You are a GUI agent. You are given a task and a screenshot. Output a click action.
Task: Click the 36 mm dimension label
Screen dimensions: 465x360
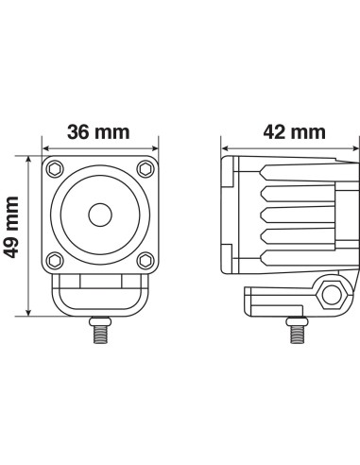pos(99,134)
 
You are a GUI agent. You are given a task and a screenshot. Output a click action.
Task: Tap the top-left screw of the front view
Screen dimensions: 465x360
pos(53,170)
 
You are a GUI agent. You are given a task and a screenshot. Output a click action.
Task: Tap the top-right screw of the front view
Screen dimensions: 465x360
pos(145,170)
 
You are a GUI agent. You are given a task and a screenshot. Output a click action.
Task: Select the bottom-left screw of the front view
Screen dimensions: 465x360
pos(53,260)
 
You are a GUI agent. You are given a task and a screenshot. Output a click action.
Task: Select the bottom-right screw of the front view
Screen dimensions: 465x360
pos(145,260)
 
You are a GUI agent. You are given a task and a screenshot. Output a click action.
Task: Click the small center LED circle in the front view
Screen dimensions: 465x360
pos(98,215)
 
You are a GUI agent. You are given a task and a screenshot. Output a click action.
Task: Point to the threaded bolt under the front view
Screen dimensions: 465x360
pos(98,331)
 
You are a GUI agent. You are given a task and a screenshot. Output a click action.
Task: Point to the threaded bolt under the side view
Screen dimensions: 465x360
pos(295,331)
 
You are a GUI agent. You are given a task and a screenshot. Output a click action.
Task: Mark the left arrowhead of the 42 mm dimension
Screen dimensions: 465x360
pos(225,147)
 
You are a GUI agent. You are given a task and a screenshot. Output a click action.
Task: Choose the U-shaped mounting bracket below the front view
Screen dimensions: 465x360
pos(98,297)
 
